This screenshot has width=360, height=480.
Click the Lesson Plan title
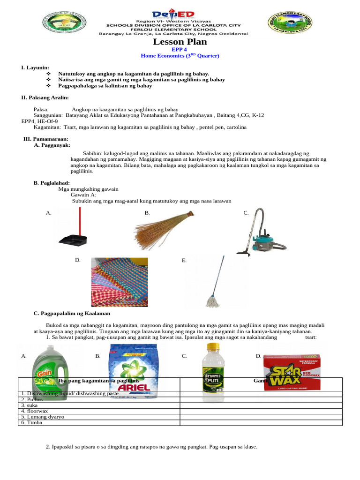[180, 42]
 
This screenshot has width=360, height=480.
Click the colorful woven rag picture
[120, 281]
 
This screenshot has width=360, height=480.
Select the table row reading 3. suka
[98, 405]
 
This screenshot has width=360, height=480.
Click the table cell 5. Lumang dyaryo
[98, 416]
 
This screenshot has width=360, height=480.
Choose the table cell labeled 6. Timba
[98, 422]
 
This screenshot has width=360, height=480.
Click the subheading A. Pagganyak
[52, 146]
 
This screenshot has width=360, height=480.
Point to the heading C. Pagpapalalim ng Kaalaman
[72, 313]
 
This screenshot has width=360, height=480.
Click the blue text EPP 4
[180, 49]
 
